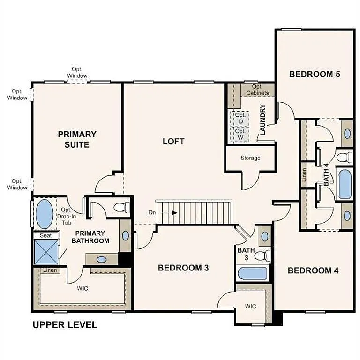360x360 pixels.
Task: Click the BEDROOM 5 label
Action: click(314, 74)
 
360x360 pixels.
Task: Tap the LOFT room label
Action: click(173, 141)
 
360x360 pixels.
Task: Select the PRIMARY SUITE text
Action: click(77, 139)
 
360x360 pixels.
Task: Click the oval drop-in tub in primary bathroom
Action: click(45, 214)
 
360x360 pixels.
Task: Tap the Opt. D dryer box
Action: click(240, 118)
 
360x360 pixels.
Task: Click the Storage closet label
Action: click(250, 158)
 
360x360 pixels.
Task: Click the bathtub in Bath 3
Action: click(252, 273)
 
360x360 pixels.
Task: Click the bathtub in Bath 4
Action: click(345, 184)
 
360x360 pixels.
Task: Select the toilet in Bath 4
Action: click(345, 156)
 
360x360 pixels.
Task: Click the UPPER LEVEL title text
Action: click(65, 324)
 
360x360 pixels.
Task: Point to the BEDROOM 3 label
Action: click(183, 268)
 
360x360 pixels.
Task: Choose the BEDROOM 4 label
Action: click(313, 270)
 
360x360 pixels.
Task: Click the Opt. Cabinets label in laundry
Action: click(257, 90)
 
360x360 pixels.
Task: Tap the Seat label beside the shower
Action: click(45, 235)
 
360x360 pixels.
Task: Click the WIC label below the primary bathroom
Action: click(82, 288)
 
